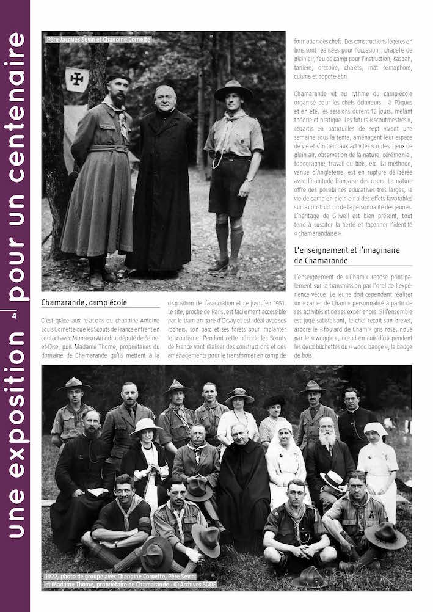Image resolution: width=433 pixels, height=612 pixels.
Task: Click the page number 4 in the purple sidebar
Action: tap(14, 315)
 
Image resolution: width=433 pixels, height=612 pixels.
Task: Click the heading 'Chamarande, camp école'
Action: tap(84, 302)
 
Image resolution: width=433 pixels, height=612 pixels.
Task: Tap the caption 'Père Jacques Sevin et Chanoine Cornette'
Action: tap(98, 40)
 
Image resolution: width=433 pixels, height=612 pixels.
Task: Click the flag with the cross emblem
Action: tap(78, 79)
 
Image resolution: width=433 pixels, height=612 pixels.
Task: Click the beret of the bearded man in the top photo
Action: tap(118, 78)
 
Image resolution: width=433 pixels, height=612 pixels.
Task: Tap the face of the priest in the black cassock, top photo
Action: tap(165, 97)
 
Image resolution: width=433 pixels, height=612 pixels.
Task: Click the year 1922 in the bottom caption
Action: tap(53, 576)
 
